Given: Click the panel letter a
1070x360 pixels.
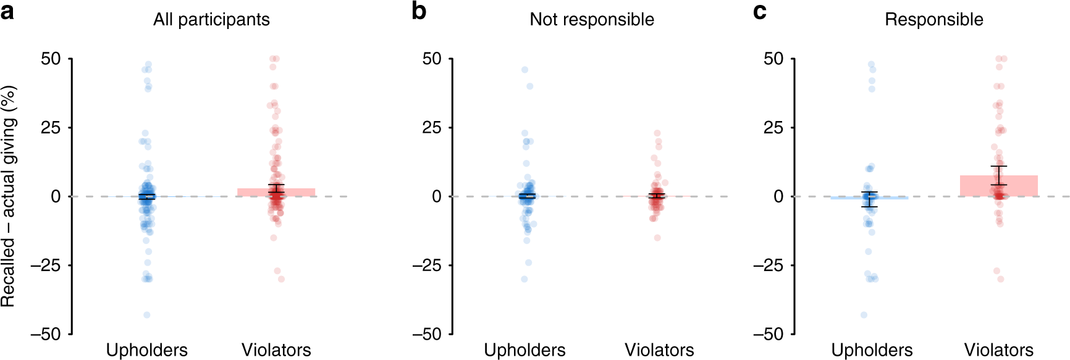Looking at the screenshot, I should [7, 11].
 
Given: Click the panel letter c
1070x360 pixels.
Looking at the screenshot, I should [760, 12].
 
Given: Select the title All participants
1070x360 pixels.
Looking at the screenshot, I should [211, 20].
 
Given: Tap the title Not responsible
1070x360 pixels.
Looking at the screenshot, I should [592, 20].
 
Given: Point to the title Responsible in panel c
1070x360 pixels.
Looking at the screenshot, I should [933, 20].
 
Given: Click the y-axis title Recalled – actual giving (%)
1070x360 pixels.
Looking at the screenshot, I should [9, 196].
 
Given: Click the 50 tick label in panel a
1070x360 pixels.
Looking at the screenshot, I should [51, 59].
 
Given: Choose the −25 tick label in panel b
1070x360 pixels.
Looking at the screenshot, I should [428, 266].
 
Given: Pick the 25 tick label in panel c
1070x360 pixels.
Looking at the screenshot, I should [773, 128].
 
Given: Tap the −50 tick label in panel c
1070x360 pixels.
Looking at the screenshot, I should [769, 334].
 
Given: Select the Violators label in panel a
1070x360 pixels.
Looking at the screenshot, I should [276, 350].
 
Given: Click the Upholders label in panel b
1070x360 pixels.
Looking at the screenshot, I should [524, 350].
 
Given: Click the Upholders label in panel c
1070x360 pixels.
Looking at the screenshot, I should [872, 350].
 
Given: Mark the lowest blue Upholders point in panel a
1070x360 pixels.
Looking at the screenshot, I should [147, 315].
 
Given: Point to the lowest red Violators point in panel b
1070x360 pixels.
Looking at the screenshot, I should [657, 238].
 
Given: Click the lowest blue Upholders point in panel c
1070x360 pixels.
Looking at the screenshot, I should [864, 315].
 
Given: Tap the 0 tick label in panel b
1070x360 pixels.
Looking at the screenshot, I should [437, 197].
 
